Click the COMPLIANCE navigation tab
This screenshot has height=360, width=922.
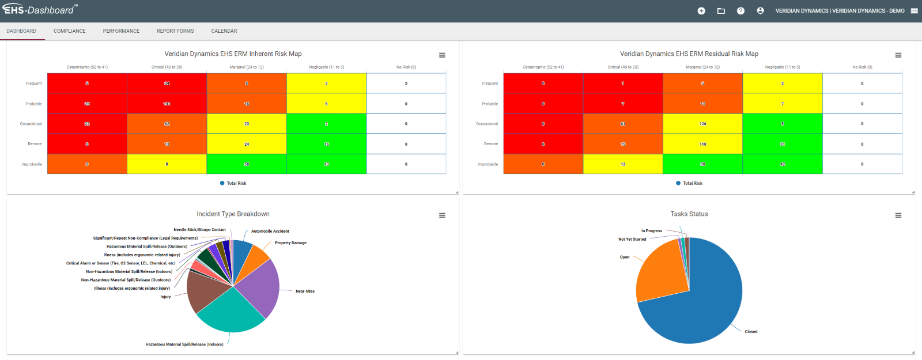click(x=69, y=31)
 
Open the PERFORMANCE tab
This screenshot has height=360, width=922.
click(x=121, y=31)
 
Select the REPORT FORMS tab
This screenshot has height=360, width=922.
click(x=175, y=31)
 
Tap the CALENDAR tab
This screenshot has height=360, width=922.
click(x=224, y=31)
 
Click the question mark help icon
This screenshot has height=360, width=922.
click(x=740, y=11)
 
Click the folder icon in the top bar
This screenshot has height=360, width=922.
click(x=721, y=11)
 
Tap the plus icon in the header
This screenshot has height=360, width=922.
click(x=701, y=11)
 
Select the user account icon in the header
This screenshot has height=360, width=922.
click(x=760, y=11)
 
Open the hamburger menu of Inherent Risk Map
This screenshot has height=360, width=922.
click(x=442, y=55)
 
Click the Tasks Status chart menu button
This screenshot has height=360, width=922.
click(x=898, y=215)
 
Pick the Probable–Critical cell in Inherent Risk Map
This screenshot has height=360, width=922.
click(x=167, y=104)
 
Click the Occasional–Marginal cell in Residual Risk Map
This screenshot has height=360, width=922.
click(x=702, y=124)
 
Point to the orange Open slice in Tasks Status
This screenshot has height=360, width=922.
click(x=660, y=271)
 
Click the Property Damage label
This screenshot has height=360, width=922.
click(x=290, y=243)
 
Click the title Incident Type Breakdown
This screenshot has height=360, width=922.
click(x=233, y=214)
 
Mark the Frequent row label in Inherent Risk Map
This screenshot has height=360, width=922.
click(x=33, y=84)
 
